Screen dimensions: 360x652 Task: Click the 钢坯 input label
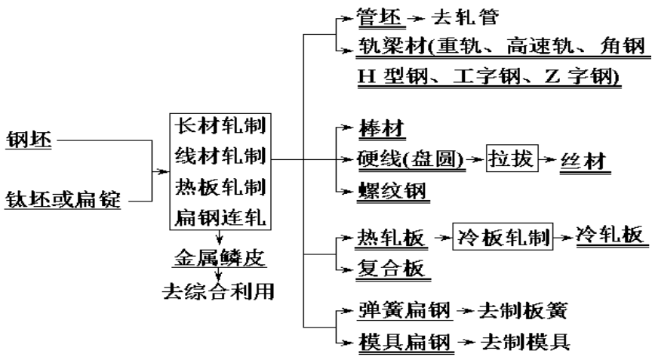[29, 140]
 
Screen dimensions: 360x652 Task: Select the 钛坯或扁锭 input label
[63, 201]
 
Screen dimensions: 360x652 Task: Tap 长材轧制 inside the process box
[219, 125]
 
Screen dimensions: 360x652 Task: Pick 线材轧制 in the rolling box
[219, 156]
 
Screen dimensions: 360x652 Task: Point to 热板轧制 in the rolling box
[219, 186]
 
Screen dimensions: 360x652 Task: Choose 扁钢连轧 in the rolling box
[219, 217]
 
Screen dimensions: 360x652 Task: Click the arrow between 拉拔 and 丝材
[548, 161]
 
